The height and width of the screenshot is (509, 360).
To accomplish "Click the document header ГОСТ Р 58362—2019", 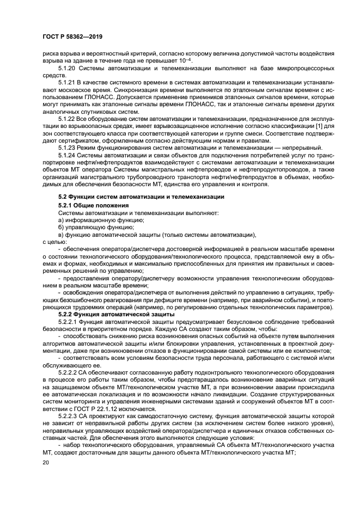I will click(x=72, y=36).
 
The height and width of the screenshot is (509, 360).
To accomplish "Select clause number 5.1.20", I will click(x=67, y=68).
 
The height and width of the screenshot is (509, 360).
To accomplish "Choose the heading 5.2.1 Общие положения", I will click(x=93, y=204).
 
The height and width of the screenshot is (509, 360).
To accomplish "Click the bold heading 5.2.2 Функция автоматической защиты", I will click(x=112, y=314).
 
